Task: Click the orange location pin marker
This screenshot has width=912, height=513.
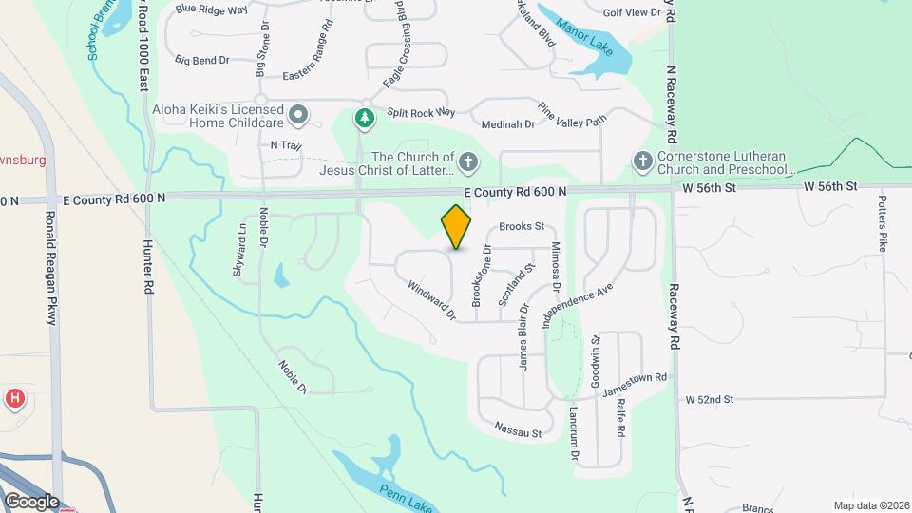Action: [x=457, y=226]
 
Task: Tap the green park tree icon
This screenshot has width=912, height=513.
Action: [x=363, y=118]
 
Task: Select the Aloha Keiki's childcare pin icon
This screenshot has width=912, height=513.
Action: [x=298, y=116]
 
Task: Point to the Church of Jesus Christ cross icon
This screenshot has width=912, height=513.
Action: [x=466, y=163]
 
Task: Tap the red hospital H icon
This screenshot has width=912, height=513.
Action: [x=14, y=398]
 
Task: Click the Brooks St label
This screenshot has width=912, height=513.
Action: [x=522, y=227]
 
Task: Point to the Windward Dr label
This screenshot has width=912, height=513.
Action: [x=432, y=299]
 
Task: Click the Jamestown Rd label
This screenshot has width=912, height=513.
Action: [x=635, y=383]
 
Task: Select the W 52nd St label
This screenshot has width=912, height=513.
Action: [x=710, y=399]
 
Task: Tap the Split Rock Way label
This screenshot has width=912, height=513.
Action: [x=416, y=113]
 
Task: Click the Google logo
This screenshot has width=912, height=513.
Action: [x=30, y=501]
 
